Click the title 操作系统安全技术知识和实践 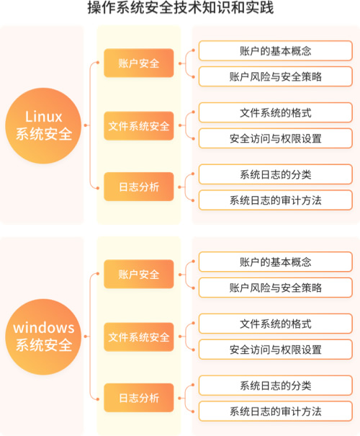pyautogui.click(x=181, y=7)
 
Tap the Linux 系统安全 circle pyautogui.click(x=43, y=125)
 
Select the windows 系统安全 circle pyautogui.click(x=43, y=337)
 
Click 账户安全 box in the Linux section pyautogui.click(x=139, y=63)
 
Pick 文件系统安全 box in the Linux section pyautogui.click(x=139, y=126)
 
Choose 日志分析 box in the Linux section pyautogui.click(x=139, y=187)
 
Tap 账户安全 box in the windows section pyautogui.click(x=139, y=274)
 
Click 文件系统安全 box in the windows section pyautogui.click(x=139, y=337)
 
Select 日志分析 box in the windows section pyautogui.click(x=139, y=398)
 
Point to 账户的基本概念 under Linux pyautogui.click(x=276, y=50)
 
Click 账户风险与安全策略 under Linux pyautogui.click(x=276, y=76)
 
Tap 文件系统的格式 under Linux pyautogui.click(x=276, y=112)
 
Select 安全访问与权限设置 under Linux pyautogui.click(x=276, y=138)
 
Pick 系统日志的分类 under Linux pyautogui.click(x=276, y=174)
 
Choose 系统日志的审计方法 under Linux pyautogui.click(x=276, y=200)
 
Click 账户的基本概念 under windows pyautogui.click(x=276, y=262)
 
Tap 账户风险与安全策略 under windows pyautogui.click(x=276, y=288)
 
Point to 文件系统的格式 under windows pyautogui.click(x=276, y=324)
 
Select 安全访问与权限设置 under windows pyautogui.click(x=276, y=350)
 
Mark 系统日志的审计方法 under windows pyautogui.click(x=276, y=411)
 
